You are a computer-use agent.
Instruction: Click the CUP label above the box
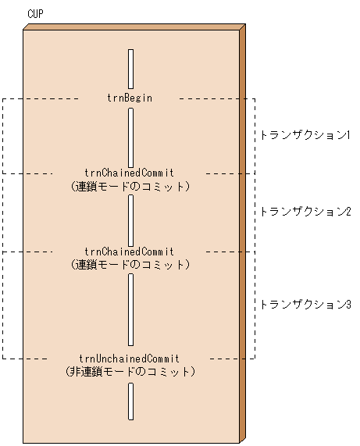35,14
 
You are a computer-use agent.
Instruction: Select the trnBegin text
130,98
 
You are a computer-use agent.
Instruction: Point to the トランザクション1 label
305,134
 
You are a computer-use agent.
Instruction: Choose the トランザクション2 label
305,211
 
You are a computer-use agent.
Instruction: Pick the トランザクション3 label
305,305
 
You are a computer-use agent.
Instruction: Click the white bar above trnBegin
130,69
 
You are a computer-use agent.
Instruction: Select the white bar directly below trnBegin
130,137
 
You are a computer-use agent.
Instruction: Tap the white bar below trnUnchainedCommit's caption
130,401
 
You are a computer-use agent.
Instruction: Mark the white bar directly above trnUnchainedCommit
130,311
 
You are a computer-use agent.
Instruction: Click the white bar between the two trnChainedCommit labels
130,219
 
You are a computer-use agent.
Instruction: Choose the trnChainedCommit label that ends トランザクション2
130,252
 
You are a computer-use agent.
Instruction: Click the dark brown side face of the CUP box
242,234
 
